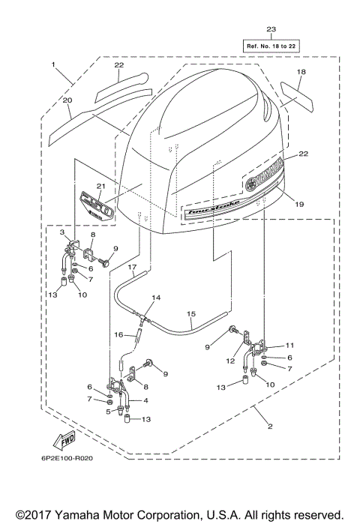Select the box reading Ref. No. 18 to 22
[271, 45]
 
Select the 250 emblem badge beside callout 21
[91, 204]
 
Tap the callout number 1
[54, 65]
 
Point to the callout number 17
[130, 267]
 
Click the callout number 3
[63, 233]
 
